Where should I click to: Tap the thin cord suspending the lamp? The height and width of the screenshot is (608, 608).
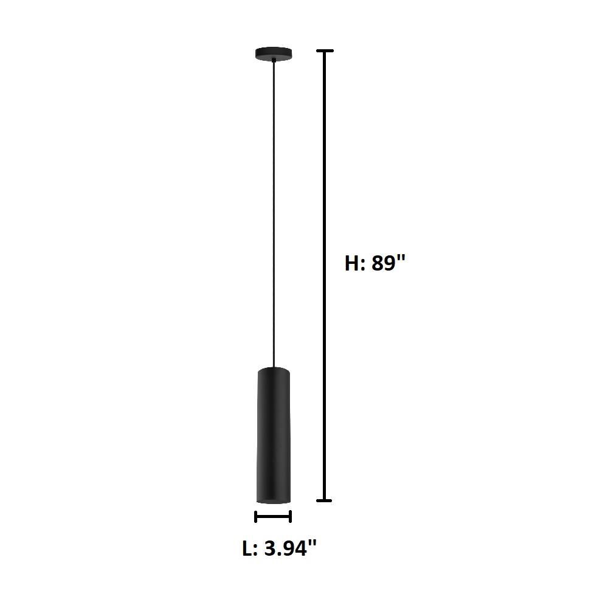(274, 213)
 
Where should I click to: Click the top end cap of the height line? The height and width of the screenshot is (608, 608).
(325, 51)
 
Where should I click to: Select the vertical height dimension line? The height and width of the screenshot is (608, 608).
(325, 274)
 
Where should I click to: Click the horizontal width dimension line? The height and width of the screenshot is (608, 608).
(273, 517)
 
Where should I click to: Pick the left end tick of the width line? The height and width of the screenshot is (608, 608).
(256, 517)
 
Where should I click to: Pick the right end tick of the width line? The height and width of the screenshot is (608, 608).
(291, 517)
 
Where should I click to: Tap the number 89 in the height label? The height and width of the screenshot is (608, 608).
(383, 263)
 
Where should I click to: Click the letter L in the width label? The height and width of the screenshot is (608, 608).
(247, 548)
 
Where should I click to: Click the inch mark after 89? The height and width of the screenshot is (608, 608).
(401, 258)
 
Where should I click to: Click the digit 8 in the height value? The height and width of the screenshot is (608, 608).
(377, 263)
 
